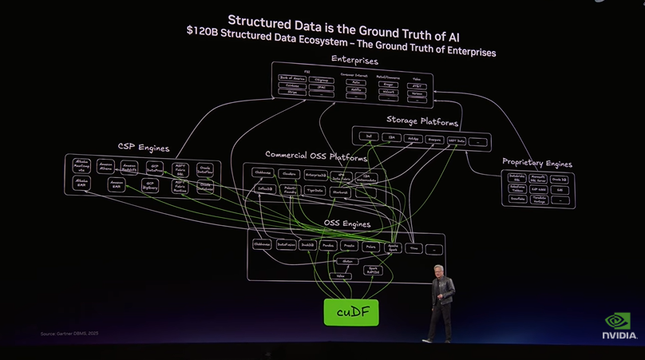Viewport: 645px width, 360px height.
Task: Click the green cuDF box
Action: click(351, 312)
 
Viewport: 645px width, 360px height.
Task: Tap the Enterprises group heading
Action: click(354, 61)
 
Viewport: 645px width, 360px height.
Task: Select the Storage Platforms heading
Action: click(422, 122)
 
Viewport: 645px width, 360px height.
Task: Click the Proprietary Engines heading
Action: click(537, 164)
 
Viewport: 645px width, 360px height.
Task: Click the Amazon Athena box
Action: click(106, 167)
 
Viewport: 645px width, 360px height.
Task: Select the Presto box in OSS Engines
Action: click(350, 246)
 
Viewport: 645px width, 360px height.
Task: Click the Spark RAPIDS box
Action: click(373, 270)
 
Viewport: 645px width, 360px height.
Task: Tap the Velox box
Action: click(341, 276)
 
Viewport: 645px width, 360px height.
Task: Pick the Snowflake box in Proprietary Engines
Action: click(516, 200)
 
